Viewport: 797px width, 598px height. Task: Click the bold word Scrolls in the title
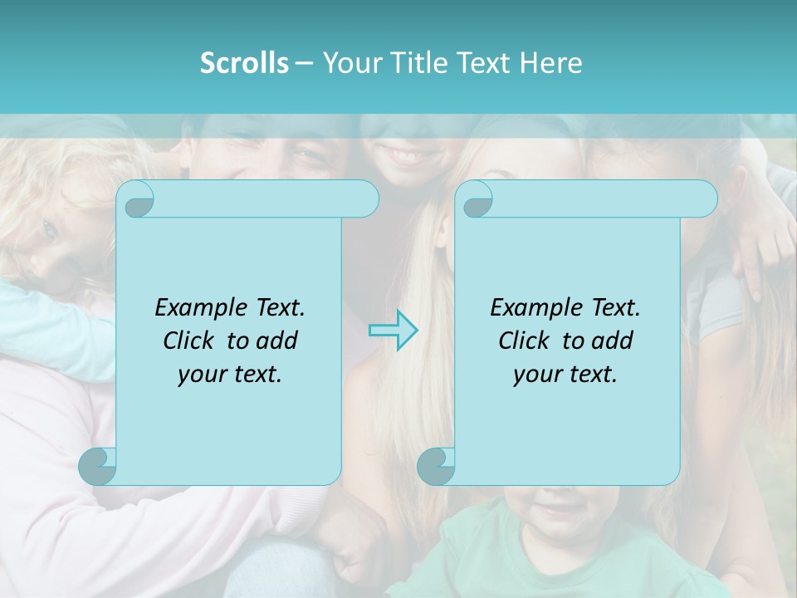pos(244,63)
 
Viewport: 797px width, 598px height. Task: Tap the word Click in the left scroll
pos(182,341)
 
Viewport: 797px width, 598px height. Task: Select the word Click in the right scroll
pos(517,341)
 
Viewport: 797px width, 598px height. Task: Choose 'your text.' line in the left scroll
pos(229,375)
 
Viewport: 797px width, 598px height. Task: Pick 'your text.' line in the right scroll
pos(565,375)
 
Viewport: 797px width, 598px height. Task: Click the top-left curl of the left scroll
pos(136,199)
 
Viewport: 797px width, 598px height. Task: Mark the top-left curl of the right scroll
pos(476,199)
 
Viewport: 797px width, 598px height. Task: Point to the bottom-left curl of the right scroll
pos(437,465)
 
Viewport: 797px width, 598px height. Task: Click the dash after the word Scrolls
pos(304,63)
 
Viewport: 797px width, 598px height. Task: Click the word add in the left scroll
pos(278,341)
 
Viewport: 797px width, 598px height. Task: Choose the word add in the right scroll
pos(614,341)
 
